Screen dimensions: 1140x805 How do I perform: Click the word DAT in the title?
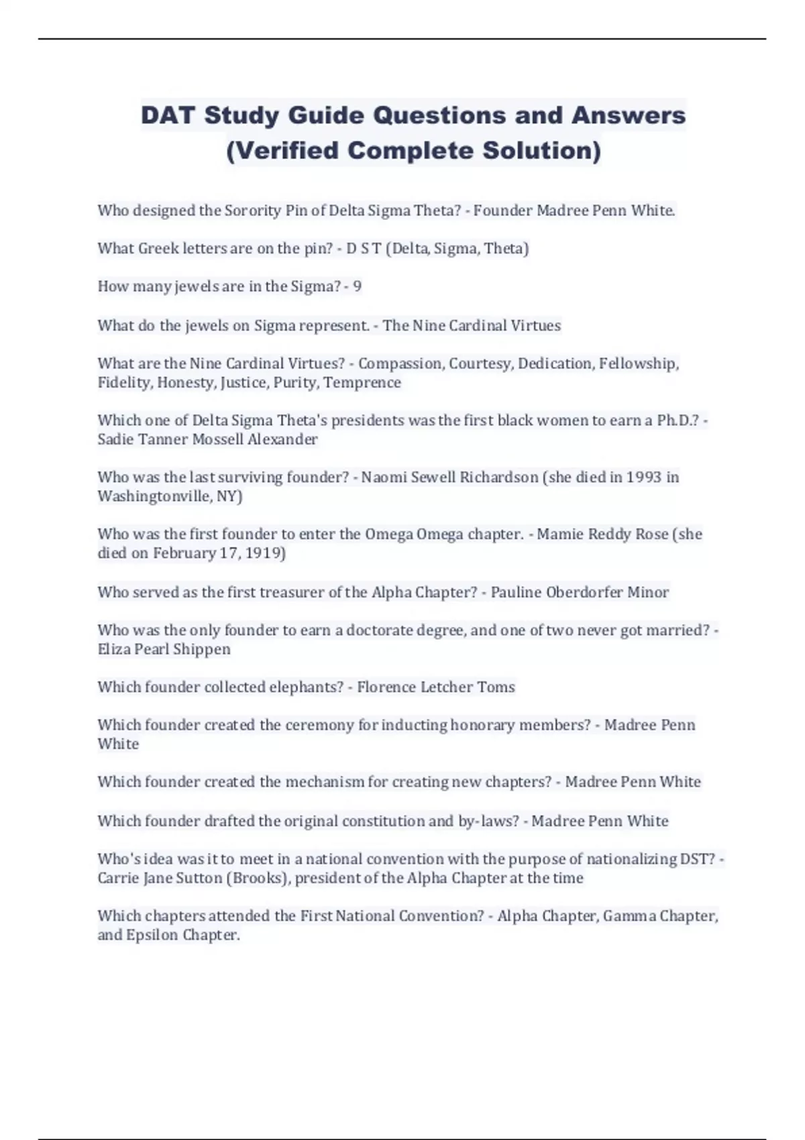168,115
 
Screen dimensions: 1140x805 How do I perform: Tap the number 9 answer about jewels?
358,286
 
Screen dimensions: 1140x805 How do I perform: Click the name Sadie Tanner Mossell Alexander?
207,439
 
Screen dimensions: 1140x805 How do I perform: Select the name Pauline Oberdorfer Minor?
580,592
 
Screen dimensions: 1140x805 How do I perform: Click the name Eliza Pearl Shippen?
164,649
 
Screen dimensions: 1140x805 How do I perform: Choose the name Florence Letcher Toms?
436,687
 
